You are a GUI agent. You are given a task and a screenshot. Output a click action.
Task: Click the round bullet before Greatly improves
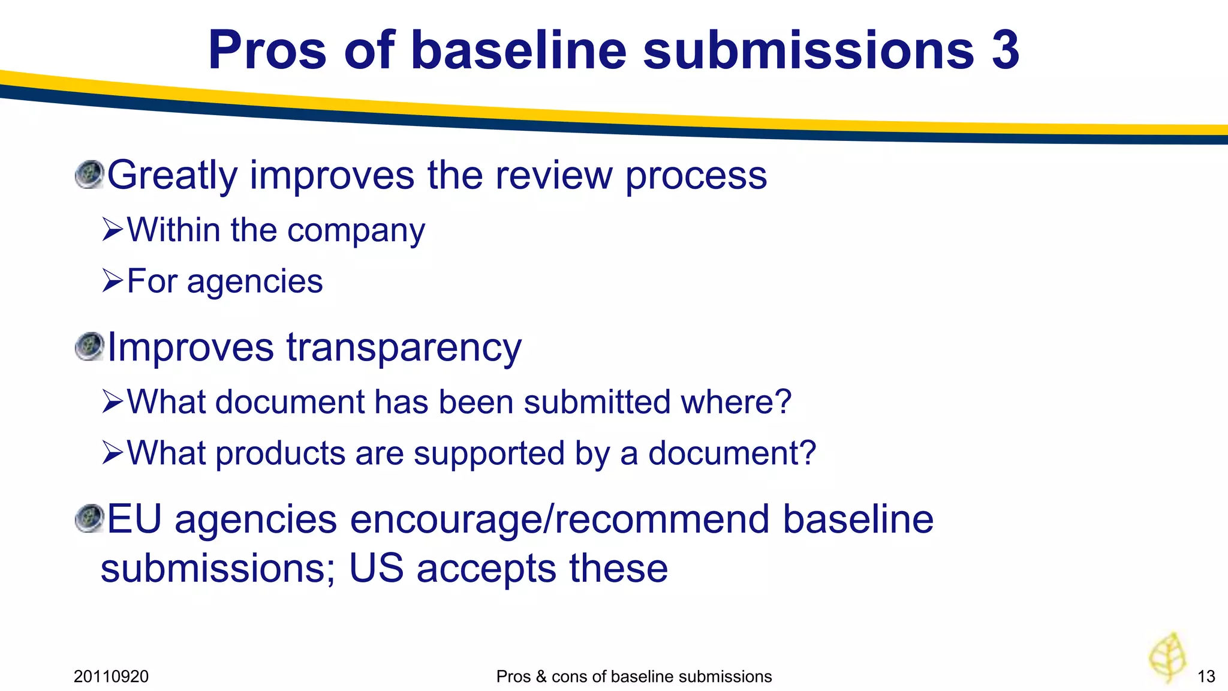click(89, 175)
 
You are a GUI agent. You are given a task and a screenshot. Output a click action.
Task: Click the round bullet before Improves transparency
click(89, 347)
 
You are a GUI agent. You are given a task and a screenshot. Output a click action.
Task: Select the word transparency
click(404, 348)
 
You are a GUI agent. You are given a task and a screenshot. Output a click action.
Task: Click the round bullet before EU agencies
click(89, 518)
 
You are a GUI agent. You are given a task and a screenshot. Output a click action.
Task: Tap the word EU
click(135, 519)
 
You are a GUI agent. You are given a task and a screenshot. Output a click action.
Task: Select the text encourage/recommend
click(560, 519)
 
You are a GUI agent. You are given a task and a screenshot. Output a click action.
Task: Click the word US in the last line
click(376, 568)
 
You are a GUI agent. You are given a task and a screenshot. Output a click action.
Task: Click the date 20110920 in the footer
click(111, 677)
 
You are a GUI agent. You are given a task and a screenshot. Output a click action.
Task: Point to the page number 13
click(1206, 677)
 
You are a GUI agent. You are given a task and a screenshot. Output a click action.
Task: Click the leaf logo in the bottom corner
click(1167, 657)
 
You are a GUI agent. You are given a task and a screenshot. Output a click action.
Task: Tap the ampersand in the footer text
click(541, 677)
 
